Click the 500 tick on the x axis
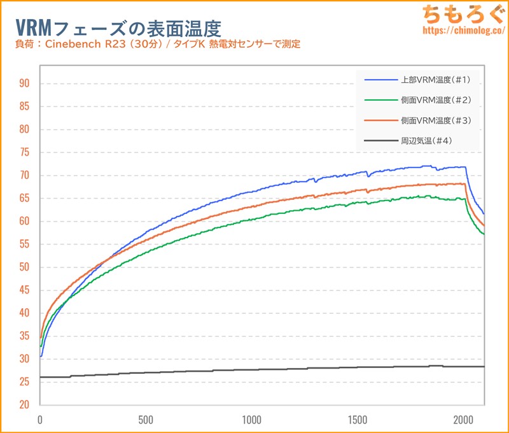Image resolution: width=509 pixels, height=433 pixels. point(146,420)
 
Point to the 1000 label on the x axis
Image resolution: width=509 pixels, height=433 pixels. point(252,420)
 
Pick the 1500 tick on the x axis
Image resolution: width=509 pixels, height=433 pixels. point(358,420)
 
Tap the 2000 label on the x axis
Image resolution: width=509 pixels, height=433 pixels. point(463,420)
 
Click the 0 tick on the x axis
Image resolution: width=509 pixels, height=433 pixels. point(40,420)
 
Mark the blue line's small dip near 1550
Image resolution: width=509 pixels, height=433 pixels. point(368,175)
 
